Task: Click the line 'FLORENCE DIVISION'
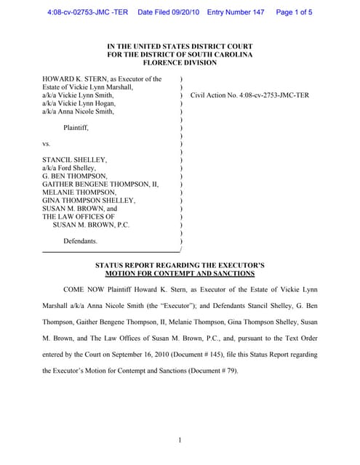point(180,63)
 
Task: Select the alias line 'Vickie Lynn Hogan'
point(79,103)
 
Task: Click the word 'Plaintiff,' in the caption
point(73,127)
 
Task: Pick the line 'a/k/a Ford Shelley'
point(69,167)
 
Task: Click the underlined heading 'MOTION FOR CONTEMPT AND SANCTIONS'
point(180,274)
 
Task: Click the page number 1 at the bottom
point(180,440)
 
